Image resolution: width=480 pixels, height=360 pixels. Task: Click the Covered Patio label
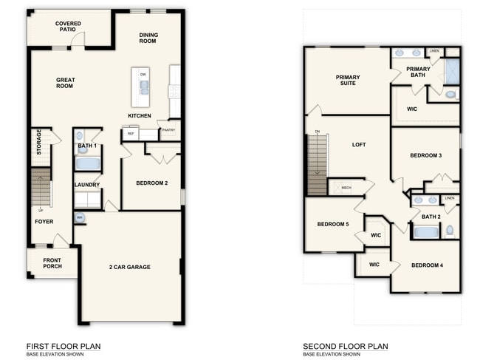coord(68,27)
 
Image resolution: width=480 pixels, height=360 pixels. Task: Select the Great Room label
coord(66,83)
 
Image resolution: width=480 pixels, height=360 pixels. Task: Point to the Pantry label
coord(168,131)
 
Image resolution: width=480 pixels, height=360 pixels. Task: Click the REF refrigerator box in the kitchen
coord(131,134)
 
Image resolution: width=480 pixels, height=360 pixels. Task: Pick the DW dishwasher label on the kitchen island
coord(143,75)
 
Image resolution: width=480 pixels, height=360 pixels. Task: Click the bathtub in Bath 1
coord(88,163)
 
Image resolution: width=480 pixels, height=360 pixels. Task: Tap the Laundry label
coord(87,185)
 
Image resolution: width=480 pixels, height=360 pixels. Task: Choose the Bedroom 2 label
coord(151,183)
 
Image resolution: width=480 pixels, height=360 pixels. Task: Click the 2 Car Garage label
coord(129,267)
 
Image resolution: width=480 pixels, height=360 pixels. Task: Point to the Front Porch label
coord(52,263)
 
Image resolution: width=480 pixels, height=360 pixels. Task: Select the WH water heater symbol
coord(80,217)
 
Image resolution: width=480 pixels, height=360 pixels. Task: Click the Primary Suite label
coord(346,80)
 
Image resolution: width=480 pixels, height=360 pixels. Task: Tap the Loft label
coord(359,145)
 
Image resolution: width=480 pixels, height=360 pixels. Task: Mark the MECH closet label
coord(346,188)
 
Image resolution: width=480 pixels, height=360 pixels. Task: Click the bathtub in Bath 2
coord(425,231)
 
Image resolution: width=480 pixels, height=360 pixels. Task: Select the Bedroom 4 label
coord(427,265)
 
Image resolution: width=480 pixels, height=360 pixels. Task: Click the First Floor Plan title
coord(64,346)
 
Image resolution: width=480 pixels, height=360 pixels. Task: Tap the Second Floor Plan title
coord(345,346)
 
